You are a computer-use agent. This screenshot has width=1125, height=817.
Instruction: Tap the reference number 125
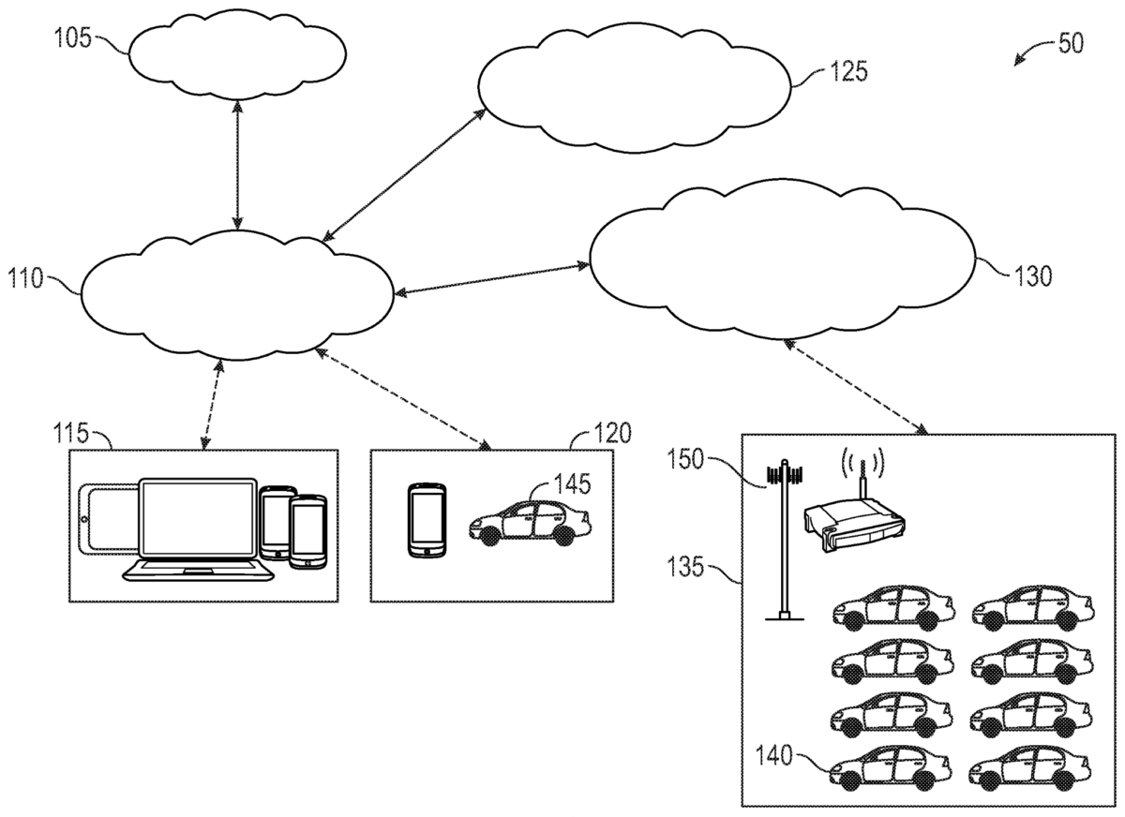848,70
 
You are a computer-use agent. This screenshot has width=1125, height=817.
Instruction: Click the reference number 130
1032,275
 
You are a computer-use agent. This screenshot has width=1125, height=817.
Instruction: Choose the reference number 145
572,483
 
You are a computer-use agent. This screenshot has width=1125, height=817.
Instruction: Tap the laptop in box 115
196,530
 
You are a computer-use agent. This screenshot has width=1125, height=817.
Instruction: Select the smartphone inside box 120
426,521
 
